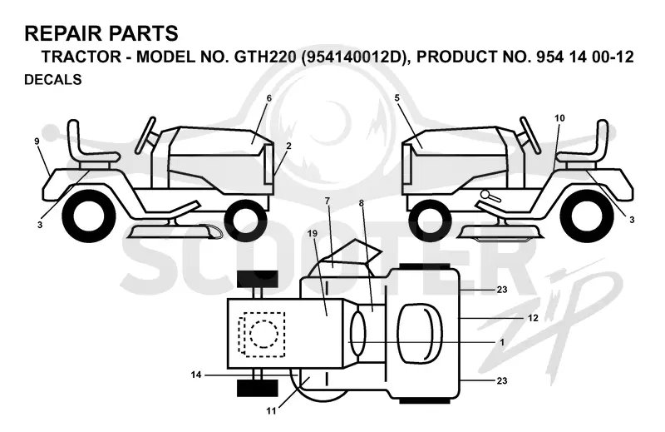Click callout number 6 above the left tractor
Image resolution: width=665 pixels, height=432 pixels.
(268, 98)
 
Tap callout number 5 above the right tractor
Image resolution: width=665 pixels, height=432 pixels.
(397, 98)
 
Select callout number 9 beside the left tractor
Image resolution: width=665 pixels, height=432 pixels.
(37, 141)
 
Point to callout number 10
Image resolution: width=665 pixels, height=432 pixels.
(559, 118)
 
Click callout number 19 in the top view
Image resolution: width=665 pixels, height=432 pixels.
(313, 233)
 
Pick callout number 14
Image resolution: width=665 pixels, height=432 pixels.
(196, 375)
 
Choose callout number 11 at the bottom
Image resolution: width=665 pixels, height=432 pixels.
(272, 410)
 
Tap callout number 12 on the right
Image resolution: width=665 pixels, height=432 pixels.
(533, 317)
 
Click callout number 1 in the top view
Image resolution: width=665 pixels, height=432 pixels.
(502, 342)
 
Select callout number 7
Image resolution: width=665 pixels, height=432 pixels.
(328, 201)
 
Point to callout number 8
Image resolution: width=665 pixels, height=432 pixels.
(362, 203)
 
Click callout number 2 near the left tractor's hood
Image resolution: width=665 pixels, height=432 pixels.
(288, 146)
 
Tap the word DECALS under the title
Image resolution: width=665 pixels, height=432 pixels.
(53, 79)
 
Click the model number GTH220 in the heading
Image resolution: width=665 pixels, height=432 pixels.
(265, 57)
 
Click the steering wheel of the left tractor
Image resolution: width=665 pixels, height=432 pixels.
(145, 135)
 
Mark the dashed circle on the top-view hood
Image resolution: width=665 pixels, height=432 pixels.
(264, 334)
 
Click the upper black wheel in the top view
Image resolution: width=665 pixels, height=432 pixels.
(258, 278)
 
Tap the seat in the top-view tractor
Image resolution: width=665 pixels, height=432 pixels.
(419, 333)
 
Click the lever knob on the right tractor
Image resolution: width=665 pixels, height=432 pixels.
(485, 194)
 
